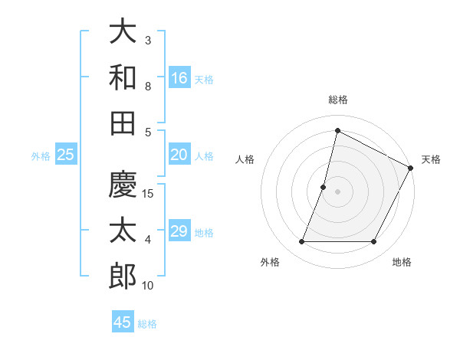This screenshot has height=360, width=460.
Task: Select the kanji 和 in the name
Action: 123,77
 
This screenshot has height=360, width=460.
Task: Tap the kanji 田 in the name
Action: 123,123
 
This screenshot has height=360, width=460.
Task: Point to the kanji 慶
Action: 123,184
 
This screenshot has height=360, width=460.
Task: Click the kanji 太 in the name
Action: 123,230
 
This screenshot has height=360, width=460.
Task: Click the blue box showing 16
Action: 179,78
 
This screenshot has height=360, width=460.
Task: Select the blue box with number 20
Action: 179,155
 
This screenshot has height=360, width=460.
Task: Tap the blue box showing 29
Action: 179,231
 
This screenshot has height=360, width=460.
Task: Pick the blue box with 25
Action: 65,155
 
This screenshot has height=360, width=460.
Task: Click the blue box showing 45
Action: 123,322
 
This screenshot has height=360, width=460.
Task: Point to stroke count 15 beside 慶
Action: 149,193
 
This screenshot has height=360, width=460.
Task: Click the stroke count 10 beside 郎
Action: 149,286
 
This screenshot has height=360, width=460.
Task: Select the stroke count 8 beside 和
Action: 148,87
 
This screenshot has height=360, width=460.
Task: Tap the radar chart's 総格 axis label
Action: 337,100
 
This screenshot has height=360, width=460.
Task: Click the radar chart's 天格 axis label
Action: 431,159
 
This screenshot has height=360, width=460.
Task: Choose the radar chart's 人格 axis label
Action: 245,159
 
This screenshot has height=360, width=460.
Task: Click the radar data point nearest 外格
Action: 301,242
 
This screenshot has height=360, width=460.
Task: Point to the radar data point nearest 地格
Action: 374,242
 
